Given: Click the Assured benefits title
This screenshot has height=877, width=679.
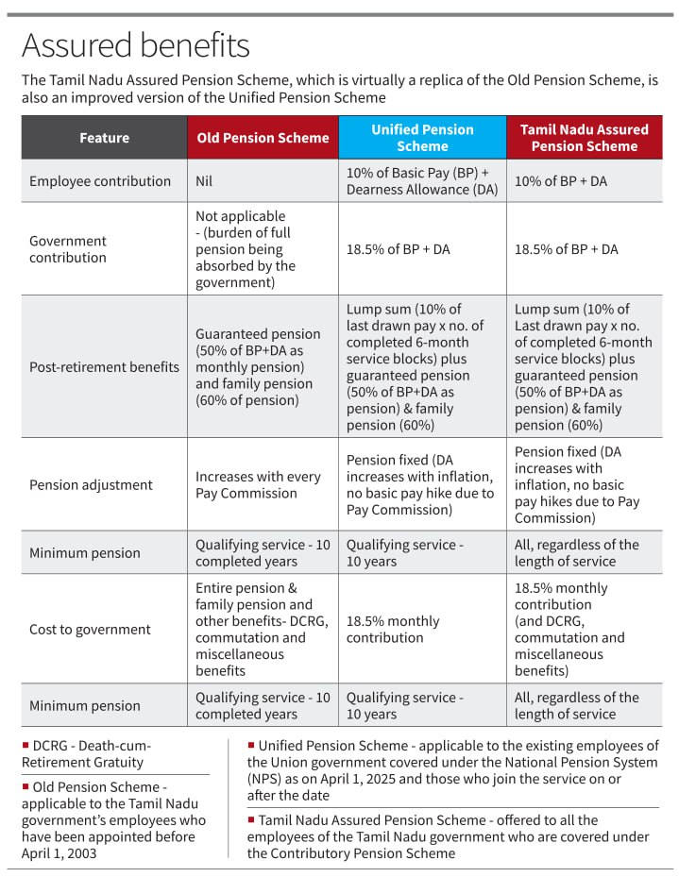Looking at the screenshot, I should (x=135, y=45).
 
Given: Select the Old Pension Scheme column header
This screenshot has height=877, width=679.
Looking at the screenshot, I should (x=263, y=138).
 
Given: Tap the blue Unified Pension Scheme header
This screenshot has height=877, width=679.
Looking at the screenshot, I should (x=422, y=138).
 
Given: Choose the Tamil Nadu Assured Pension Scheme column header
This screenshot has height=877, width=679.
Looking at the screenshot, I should (x=584, y=138).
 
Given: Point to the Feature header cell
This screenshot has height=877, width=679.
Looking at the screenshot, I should (x=104, y=138).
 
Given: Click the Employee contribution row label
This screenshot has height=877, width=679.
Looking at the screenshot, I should (x=100, y=181).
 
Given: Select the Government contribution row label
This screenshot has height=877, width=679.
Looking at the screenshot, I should (x=68, y=249).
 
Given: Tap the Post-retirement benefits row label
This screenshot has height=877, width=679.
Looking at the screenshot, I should (x=104, y=367).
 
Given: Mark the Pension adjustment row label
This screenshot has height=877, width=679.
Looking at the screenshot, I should (x=91, y=485).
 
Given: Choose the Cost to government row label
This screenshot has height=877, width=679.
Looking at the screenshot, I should (x=90, y=630).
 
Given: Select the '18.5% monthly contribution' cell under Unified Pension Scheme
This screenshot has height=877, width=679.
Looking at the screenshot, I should (x=393, y=630).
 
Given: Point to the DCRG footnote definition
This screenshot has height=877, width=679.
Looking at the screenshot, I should (x=86, y=753).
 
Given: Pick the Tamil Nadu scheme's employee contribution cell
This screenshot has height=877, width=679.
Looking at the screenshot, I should (x=560, y=181).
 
